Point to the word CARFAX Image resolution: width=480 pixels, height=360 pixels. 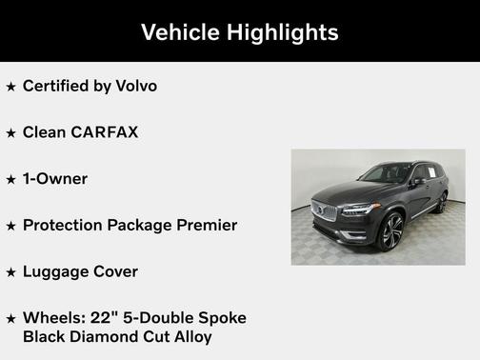[x=104, y=132]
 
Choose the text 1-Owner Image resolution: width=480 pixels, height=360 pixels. [x=55, y=178]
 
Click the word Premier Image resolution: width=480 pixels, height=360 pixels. [x=204, y=226]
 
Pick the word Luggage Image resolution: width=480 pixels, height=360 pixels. [x=55, y=272]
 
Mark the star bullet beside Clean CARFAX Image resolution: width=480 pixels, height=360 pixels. [x=11, y=133]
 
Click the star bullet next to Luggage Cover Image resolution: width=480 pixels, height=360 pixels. [x=11, y=272]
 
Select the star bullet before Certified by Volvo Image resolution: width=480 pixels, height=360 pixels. [x=11, y=87]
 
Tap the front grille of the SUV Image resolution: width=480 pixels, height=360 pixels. [x=325, y=210]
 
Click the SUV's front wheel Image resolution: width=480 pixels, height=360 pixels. [x=390, y=231]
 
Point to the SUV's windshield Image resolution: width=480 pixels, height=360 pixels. [x=385, y=174]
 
